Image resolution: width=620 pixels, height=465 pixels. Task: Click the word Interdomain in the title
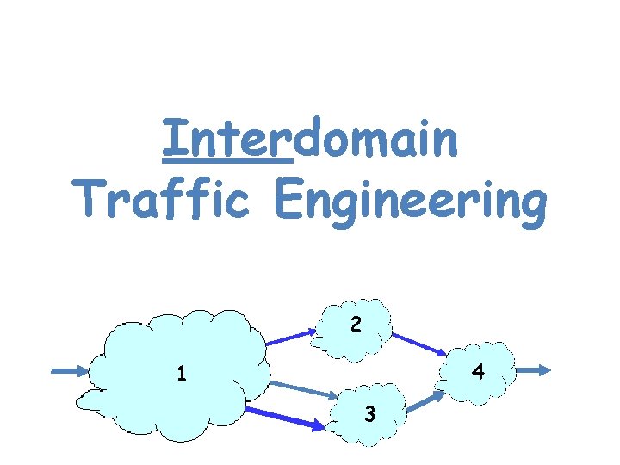[310, 140]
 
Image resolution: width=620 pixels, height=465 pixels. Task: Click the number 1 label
[181, 375]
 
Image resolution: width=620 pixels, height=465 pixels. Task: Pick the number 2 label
[355, 325]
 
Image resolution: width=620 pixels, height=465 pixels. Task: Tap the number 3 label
[369, 414]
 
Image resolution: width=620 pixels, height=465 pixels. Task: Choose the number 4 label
[478, 373]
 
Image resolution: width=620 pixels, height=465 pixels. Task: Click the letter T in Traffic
[89, 200]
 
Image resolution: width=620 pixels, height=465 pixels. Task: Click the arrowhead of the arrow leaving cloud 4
[543, 370]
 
